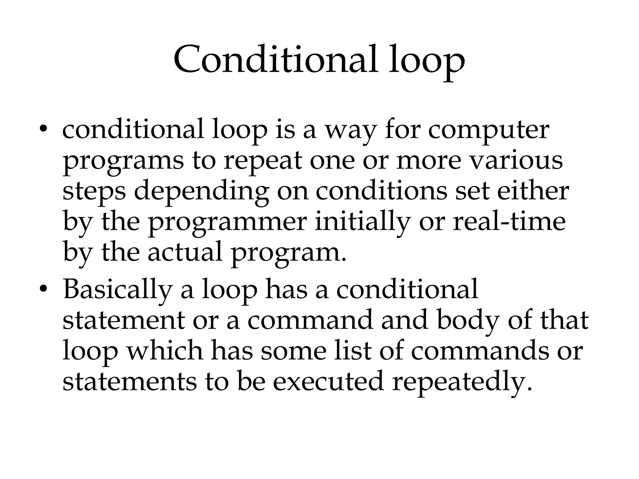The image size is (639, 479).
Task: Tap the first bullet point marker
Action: pos(43,129)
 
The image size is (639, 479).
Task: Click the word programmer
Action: pos(227,223)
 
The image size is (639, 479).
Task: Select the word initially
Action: pos(362,222)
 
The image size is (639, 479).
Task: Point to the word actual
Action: pos(185,252)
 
